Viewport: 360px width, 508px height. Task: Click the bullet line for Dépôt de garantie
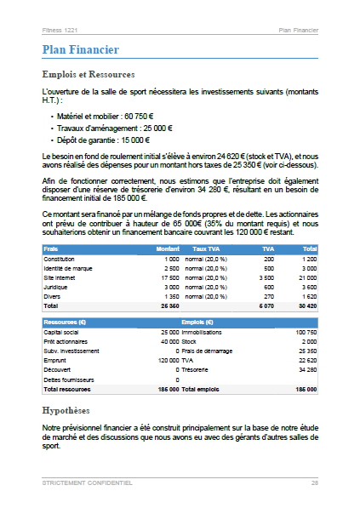103,140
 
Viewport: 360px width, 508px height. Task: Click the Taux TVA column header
206,248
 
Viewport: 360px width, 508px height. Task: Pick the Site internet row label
60,277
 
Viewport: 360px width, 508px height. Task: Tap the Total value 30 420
307,305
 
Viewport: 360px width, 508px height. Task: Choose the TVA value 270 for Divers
268,296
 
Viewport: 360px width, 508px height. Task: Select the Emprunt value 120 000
167,360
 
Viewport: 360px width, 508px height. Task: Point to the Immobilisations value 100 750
305,332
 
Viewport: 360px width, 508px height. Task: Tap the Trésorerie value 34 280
306,369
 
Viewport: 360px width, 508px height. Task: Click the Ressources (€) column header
65,322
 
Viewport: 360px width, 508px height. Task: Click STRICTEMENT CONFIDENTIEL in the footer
87,482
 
